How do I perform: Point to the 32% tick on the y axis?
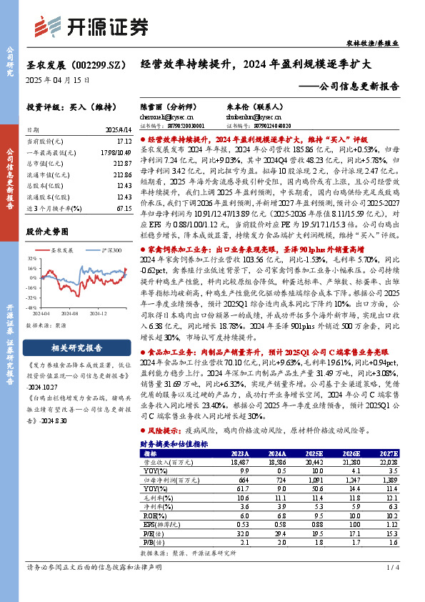[33, 259]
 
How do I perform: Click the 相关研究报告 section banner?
[76, 348]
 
